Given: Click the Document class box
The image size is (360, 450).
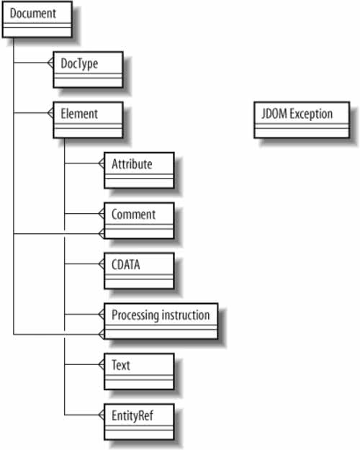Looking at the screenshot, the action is [x=37, y=19].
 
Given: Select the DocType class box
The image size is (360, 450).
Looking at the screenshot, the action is [x=88, y=70].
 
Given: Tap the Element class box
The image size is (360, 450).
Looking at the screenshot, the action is [x=88, y=120].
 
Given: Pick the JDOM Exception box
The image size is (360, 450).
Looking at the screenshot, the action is [x=302, y=120].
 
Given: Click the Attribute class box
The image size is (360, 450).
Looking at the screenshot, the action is [x=139, y=171].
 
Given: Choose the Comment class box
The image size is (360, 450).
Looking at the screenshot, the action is [x=139, y=221].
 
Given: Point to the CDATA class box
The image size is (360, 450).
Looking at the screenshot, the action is [x=139, y=271].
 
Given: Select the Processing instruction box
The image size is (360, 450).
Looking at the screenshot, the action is [x=161, y=321].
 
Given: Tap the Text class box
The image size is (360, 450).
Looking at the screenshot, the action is [x=139, y=372].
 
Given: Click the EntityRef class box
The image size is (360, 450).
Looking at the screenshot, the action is [x=139, y=422].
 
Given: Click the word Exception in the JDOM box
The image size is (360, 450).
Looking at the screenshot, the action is [x=311, y=114].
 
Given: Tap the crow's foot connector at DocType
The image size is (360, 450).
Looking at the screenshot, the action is [x=50, y=63].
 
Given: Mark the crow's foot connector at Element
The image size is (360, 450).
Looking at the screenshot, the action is [x=50, y=113].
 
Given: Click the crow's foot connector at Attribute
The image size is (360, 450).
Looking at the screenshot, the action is [x=101, y=163].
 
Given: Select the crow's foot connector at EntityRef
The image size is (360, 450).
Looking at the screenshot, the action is [x=101, y=415].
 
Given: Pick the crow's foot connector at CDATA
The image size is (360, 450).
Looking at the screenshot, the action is [x=101, y=264].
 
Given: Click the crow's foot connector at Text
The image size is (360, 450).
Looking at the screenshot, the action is [x=101, y=365].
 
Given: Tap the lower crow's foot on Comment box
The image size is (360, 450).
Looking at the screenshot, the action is [x=101, y=234].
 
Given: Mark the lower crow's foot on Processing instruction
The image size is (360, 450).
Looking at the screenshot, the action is [x=101, y=334].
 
